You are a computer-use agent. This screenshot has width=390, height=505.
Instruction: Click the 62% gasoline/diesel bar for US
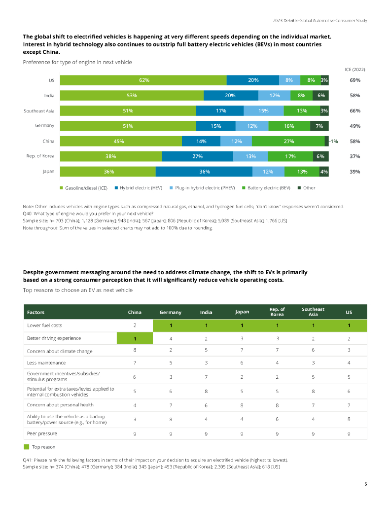click(x=143, y=80)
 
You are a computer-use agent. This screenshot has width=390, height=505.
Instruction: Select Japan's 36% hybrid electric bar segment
click(x=204, y=172)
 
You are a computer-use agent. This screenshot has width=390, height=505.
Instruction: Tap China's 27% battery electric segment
click(x=288, y=141)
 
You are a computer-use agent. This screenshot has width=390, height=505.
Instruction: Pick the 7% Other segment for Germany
click(x=319, y=126)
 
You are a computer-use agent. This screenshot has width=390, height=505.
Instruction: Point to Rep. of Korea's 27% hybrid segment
click(x=197, y=156)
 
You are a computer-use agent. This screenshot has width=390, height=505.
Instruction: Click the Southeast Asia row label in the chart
click(x=39, y=110)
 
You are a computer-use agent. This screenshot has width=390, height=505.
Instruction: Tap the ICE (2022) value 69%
click(x=355, y=80)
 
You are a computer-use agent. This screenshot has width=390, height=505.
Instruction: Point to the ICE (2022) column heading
click(x=355, y=70)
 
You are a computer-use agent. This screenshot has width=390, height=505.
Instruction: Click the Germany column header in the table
click(x=170, y=312)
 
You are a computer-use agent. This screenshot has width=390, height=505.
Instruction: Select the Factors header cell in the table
click(x=36, y=312)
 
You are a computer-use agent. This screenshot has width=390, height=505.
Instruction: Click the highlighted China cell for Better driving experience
click(x=135, y=338)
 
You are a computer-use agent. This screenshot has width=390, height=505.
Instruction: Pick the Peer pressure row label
click(x=42, y=433)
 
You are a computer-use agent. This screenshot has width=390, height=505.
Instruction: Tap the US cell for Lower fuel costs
click(x=349, y=325)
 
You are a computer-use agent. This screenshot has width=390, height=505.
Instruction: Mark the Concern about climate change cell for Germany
click(x=171, y=351)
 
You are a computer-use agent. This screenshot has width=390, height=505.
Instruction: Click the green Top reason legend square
click(x=26, y=447)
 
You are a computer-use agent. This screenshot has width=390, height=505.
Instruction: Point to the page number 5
click(x=365, y=484)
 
